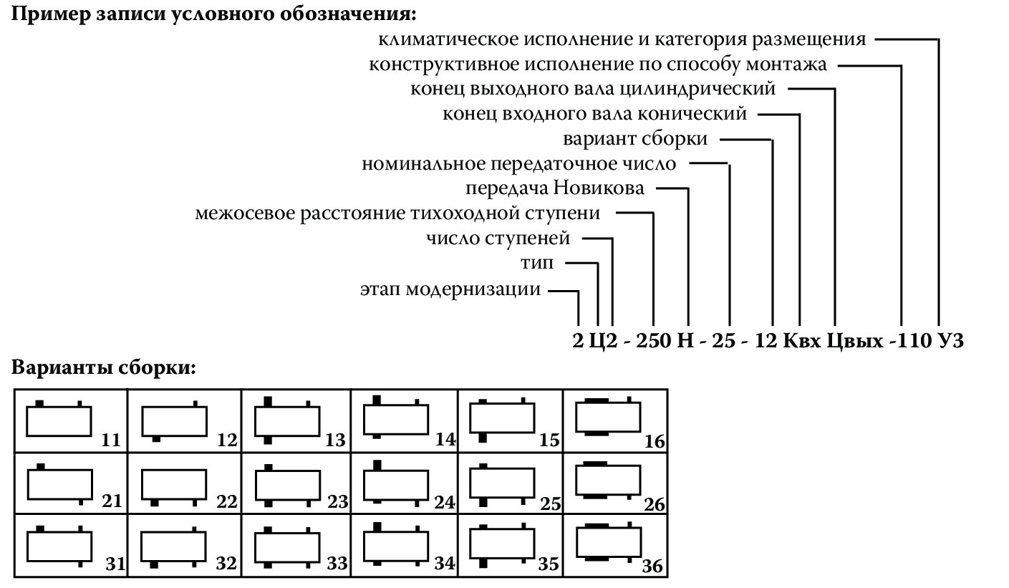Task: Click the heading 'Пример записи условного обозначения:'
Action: point(213,15)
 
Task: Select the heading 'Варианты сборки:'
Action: point(104,370)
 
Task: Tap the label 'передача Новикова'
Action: point(555,188)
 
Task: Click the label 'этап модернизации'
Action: point(450,290)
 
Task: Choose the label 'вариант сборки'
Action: point(635,139)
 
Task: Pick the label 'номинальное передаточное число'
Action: point(518,164)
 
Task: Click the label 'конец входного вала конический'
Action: point(595,113)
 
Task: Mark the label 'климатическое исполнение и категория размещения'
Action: point(622,39)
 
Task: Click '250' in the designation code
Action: point(652,341)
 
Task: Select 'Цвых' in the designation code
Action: point(855,341)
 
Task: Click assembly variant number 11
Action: point(111,440)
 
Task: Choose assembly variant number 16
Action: point(655,442)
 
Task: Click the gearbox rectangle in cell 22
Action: point(174,484)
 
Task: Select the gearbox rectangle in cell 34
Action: point(396,546)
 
